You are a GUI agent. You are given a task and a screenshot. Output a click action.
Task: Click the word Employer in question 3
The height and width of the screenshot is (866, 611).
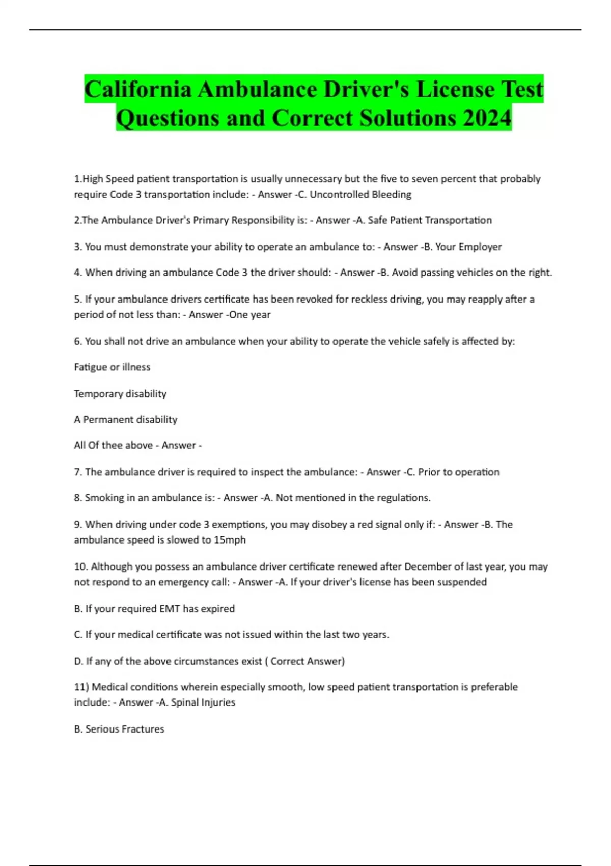480,247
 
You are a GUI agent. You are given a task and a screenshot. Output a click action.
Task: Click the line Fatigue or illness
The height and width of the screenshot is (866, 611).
112,367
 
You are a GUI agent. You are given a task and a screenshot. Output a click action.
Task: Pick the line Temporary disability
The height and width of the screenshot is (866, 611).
120,393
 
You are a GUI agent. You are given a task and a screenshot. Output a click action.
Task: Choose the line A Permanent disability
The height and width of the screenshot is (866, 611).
125,419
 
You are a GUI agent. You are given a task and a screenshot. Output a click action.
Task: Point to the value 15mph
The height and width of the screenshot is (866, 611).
230,539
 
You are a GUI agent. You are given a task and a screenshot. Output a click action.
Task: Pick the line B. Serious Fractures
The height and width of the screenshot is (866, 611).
119,729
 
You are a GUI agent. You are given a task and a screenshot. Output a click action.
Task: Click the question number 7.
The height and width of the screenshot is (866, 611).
78,472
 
